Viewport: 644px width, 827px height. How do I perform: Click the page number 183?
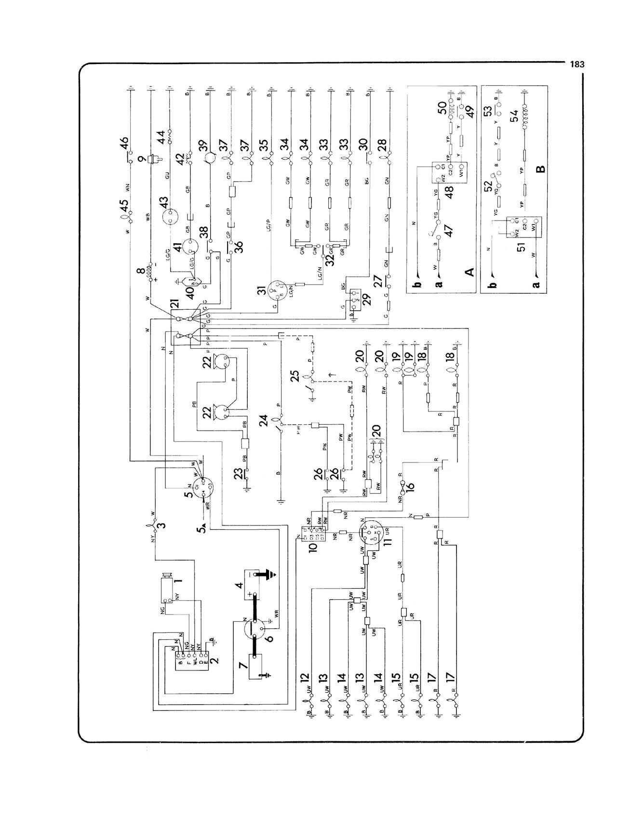click(x=577, y=64)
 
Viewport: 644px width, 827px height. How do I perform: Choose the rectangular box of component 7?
click(x=258, y=667)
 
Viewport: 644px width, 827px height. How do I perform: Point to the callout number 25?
click(x=295, y=375)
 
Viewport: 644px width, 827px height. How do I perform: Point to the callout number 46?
click(x=124, y=144)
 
